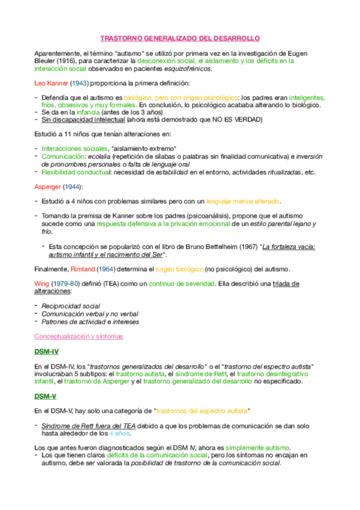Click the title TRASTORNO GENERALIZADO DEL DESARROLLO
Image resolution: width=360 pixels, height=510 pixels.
pos(180,38)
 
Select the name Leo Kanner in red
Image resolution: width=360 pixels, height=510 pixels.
pos(50,82)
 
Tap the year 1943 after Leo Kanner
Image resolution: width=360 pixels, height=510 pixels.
pos(79,82)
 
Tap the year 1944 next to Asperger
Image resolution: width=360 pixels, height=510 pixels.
pos(73,186)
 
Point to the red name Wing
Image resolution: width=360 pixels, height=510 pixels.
pos(42,283)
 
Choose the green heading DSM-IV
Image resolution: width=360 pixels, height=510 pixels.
pos(47,351)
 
